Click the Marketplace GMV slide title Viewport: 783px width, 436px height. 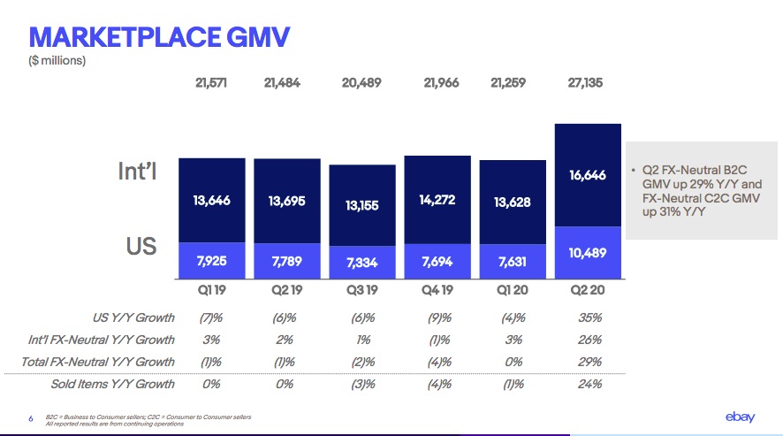(159, 36)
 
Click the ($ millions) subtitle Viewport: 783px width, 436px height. (57, 61)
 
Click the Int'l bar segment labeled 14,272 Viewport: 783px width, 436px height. (437, 201)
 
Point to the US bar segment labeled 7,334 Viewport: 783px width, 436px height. (361, 263)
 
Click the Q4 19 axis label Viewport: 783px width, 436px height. (437, 290)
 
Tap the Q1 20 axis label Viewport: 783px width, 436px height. (512, 290)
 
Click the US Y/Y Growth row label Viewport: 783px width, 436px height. (133, 317)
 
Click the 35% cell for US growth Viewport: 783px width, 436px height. (589, 317)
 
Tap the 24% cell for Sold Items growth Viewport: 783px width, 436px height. (589, 384)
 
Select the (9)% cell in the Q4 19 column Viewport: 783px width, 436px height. (438, 317)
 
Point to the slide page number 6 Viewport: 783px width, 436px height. (31, 417)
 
